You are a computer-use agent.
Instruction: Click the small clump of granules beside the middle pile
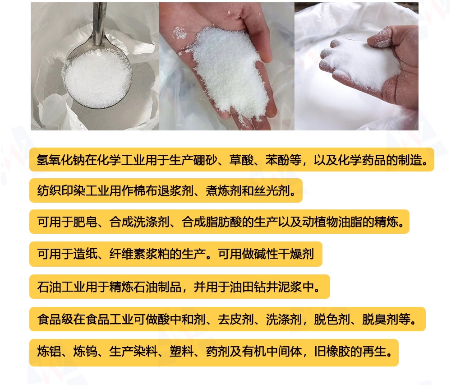pos(180,32)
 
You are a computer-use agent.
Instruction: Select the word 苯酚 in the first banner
pos(277,160)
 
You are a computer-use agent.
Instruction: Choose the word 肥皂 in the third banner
pos(85,222)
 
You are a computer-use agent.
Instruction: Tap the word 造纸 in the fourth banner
pos(85,254)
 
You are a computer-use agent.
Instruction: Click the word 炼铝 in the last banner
pos(49,352)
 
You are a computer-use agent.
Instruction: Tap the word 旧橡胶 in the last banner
pos(332,352)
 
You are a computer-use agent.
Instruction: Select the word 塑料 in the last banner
pos(182,352)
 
